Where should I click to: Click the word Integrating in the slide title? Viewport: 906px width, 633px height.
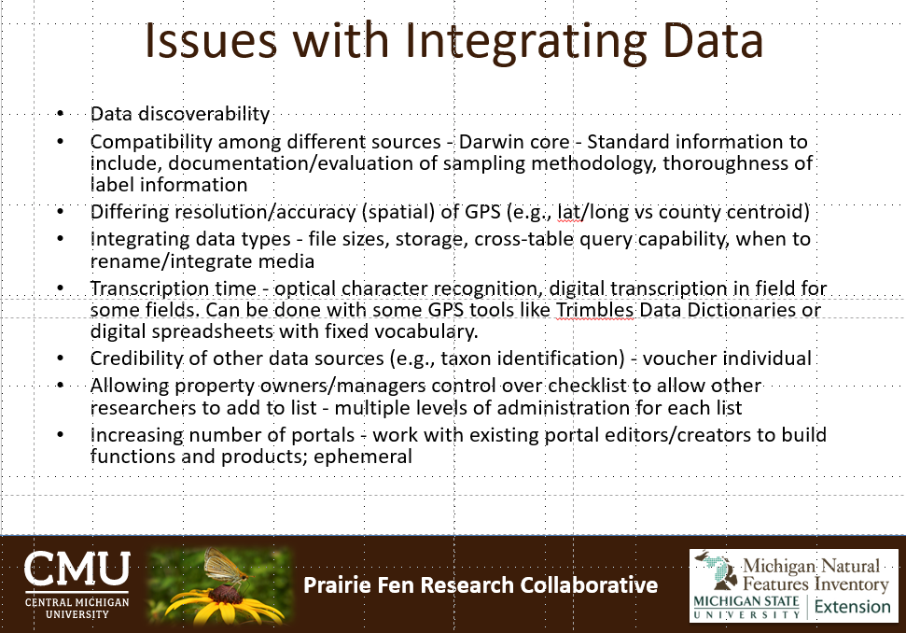pos(525,42)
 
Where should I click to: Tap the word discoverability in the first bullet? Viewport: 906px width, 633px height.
pos(204,114)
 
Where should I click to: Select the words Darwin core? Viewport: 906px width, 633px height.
pos(514,142)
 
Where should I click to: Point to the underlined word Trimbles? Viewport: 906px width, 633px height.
pos(595,310)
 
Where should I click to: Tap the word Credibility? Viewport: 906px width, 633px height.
pos(136,359)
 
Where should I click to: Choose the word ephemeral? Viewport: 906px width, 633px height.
pos(363,457)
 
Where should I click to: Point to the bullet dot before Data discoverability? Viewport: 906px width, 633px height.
pos(60,114)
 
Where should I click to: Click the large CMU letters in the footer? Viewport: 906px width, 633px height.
pos(77,569)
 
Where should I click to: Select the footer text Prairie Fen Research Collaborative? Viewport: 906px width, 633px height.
pos(481,585)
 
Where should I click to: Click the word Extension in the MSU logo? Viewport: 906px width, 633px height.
pos(852,607)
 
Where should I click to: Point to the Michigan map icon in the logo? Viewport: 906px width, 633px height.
pos(717,570)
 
